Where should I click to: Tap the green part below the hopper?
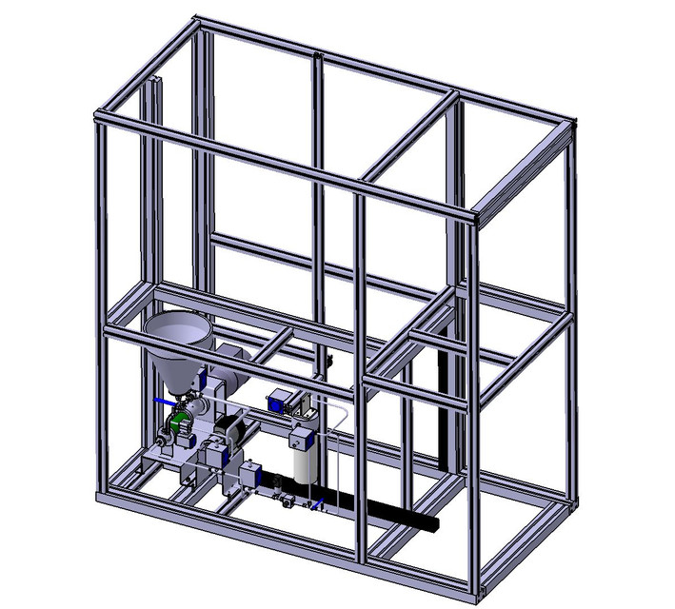coord(176,419)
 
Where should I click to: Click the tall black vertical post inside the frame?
coord(443,409)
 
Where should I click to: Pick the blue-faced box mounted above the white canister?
coord(282,400)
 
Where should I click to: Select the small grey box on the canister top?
coord(301,437)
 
